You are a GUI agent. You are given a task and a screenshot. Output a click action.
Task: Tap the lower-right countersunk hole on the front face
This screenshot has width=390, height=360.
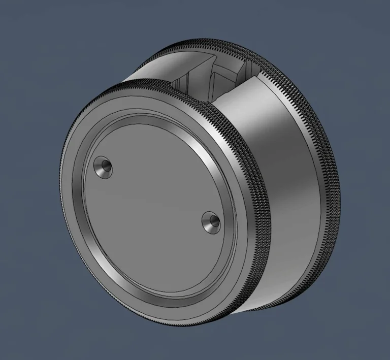[211, 222]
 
